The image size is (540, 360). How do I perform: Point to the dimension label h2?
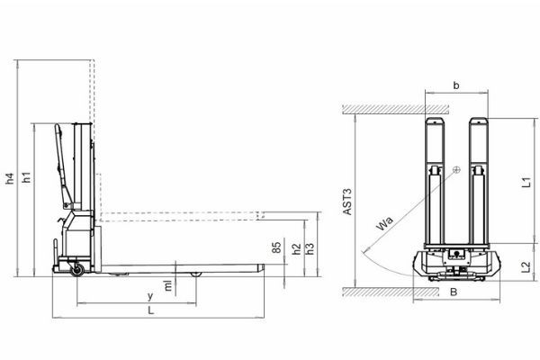tap(297, 249)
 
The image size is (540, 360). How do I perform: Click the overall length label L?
tap(150, 310)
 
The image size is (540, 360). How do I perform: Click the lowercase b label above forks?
tap(456, 86)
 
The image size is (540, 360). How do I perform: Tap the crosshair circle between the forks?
tap(457, 170)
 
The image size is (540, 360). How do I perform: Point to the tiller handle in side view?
tap(62, 162)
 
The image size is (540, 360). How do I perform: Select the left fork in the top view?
tap(436, 180)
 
